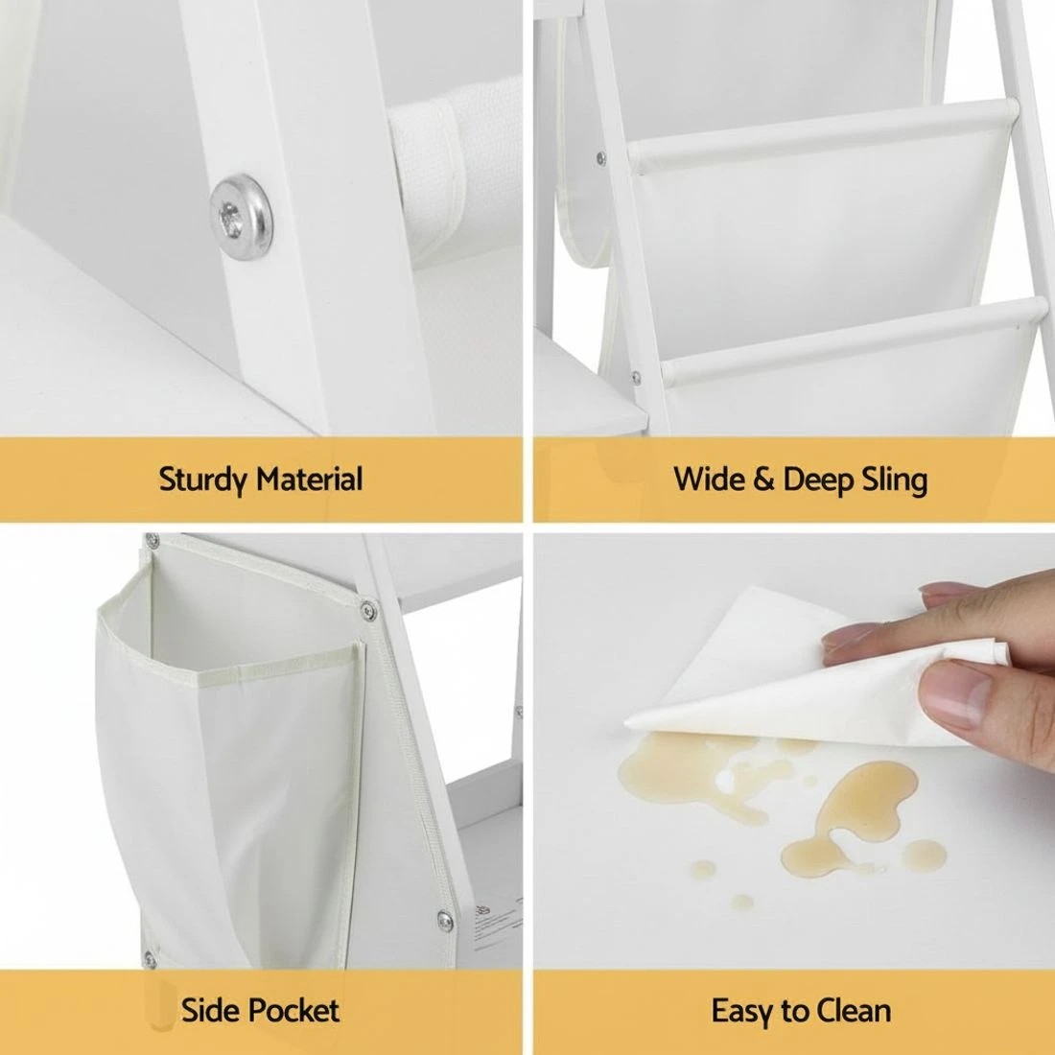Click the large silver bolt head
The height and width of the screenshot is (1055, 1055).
pyautogui.click(x=241, y=217)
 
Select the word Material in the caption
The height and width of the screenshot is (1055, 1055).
pyautogui.click(x=310, y=479)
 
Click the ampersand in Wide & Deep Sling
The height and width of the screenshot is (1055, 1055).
pyautogui.click(x=762, y=480)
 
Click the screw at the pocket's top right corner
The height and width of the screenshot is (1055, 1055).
pyautogui.click(x=368, y=610)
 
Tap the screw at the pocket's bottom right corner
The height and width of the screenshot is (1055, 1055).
pyautogui.click(x=445, y=920)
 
